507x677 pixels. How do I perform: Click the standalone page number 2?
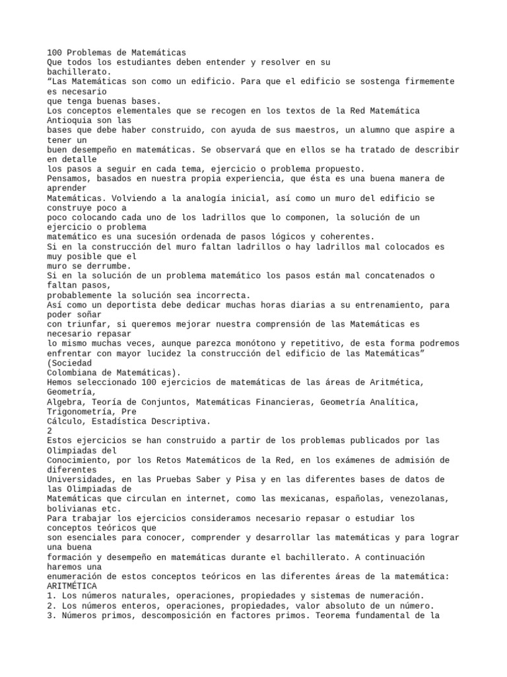[x=50, y=430]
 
